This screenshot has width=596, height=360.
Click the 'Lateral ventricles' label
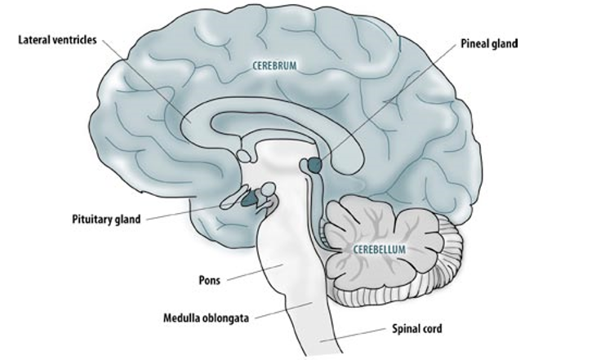coord(55,38)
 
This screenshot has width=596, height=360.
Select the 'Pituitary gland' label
coord(106,219)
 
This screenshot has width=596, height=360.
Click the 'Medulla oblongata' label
coord(207,318)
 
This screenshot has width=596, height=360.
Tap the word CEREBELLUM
coord(380,247)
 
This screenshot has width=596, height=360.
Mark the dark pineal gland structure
coord(315,165)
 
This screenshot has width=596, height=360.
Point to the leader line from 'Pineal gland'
coord(384,102)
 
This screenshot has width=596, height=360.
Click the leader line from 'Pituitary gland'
coord(188,212)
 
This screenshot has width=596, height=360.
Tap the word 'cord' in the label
coord(432,331)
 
